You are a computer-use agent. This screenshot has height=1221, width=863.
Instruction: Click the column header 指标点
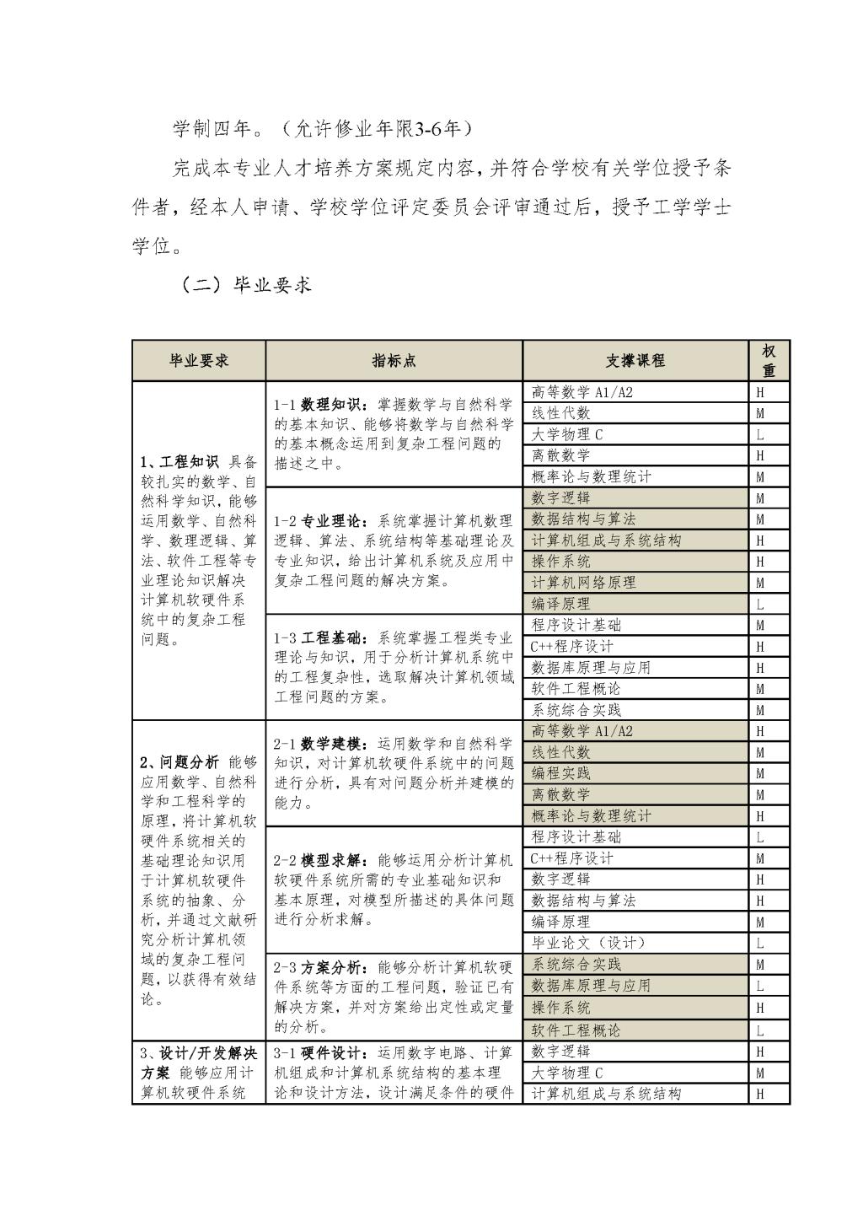point(394,361)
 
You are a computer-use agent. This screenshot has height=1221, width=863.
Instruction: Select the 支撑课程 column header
point(635,361)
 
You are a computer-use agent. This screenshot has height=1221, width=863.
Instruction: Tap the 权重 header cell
point(769,361)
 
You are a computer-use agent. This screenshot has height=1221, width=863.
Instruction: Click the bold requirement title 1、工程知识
point(180,462)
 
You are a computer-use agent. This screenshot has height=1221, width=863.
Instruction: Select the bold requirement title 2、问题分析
point(180,762)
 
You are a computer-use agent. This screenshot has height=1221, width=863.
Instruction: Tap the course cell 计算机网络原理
point(583,583)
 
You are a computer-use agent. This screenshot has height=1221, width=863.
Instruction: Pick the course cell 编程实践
point(561,773)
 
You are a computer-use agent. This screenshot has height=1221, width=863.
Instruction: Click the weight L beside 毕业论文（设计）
point(760,944)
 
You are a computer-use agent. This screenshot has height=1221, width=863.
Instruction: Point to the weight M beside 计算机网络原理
point(760,584)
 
